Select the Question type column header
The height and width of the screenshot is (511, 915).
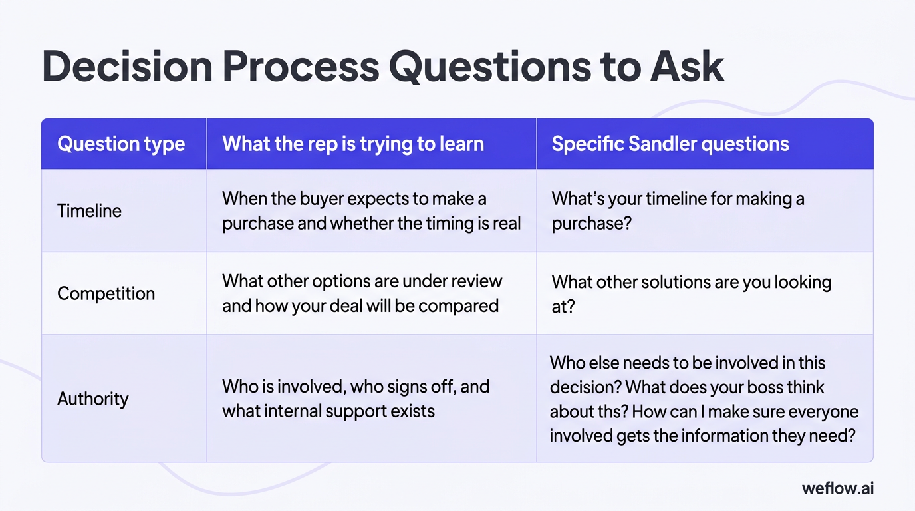point(121,144)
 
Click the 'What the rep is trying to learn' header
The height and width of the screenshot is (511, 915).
point(352,144)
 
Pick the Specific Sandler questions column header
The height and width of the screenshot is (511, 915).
point(670,144)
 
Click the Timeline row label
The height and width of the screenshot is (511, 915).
point(89,211)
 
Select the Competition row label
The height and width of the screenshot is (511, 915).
point(106,293)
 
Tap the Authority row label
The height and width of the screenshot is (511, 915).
point(92,399)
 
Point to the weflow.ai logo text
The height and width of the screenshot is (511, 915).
point(838,488)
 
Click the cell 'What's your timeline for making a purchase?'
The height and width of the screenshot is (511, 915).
point(678,210)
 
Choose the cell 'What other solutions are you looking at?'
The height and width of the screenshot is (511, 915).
point(691,293)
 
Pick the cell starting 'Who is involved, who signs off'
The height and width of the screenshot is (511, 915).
point(356,398)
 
